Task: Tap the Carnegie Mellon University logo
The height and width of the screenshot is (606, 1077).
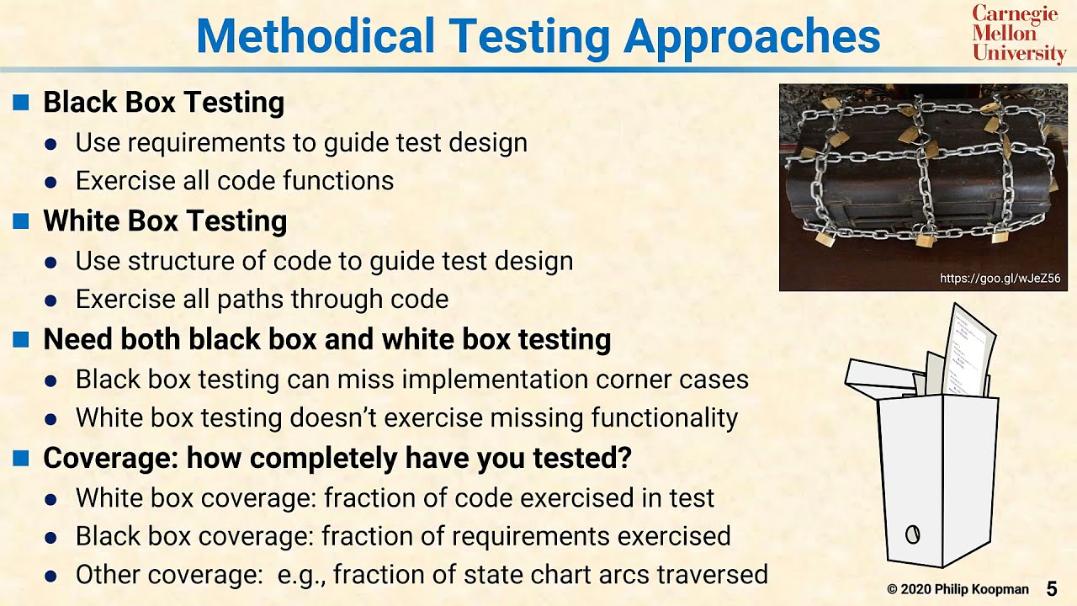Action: click(x=1019, y=34)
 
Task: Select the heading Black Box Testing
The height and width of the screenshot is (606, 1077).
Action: click(x=163, y=103)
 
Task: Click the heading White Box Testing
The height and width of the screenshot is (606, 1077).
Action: click(x=165, y=221)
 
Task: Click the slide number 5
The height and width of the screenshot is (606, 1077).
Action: click(x=1052, y=588)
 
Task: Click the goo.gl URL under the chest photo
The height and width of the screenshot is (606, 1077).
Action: click(x=1000, y=279)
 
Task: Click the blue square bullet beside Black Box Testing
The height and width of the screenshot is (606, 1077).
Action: click(x=22, y=103)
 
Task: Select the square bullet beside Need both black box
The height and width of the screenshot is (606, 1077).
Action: click(x=22, y=339)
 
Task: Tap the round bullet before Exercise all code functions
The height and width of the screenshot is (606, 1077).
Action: click(x=50, y=182)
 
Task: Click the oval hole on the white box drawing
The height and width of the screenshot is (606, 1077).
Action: click(x=912, y=534)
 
